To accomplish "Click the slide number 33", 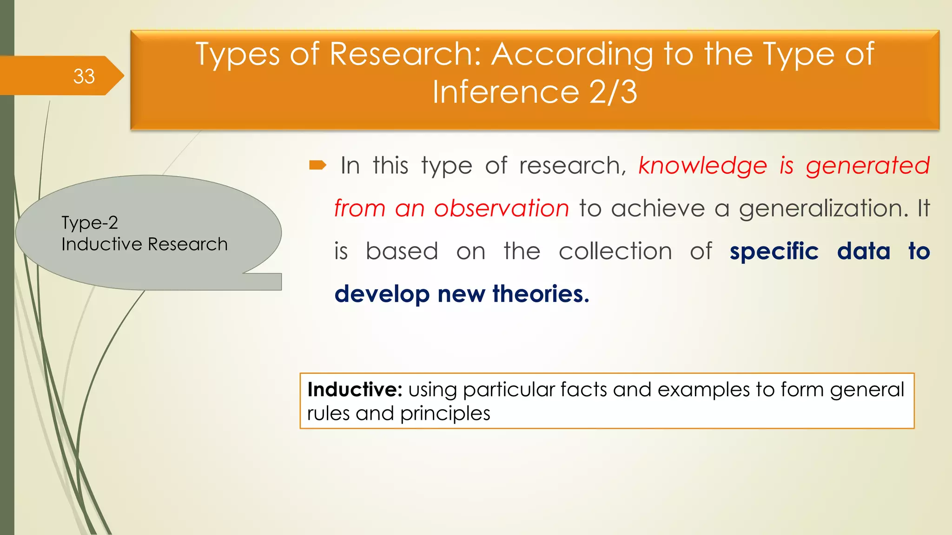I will (x=84, y=76).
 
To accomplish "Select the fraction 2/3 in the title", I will (x=613, y=91).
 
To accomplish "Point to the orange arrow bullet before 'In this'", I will (x=318, y=165).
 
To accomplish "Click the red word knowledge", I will (x=702, y=165).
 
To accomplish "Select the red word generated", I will (x=867, y=165).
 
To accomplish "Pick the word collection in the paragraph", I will (x=615, y=251).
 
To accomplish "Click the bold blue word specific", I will (x=774, y=251).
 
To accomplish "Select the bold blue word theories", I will (x=541, y=294).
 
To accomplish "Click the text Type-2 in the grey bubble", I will (x=90, y=223).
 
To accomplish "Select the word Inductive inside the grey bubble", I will (x=102, y=244).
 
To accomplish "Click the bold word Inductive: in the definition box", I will (x=355, y=390).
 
